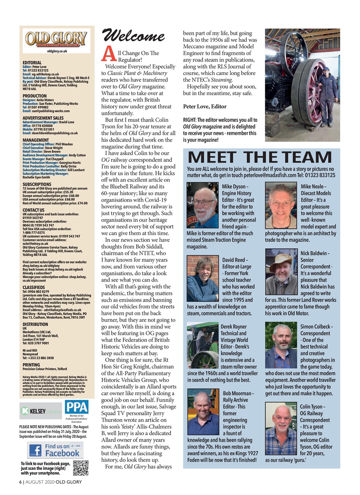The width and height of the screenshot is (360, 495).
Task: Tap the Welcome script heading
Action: pos(133,37)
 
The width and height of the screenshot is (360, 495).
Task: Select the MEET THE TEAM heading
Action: pos(259,158)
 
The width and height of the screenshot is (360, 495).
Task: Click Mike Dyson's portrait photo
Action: pos(203,205)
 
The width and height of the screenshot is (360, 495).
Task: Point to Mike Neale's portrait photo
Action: pos(281,205)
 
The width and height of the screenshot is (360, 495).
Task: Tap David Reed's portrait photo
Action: pos(203,278)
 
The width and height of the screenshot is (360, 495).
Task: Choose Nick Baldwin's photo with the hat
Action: pos(281,272)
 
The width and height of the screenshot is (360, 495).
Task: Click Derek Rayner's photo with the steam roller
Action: pos(203,345)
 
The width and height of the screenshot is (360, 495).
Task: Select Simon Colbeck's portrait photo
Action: pos(281,345)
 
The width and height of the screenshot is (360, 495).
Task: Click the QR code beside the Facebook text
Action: pos(80,468)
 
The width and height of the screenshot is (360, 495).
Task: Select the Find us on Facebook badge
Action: pos(55,449)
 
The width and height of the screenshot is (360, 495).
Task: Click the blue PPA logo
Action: pos(77,407)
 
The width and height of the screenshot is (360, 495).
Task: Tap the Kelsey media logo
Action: pos(40,411)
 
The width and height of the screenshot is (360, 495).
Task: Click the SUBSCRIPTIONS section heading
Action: pos(37,184)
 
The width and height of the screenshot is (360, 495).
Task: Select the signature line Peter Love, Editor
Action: pos(205,106)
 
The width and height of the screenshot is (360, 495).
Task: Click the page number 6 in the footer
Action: pos(21,482)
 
